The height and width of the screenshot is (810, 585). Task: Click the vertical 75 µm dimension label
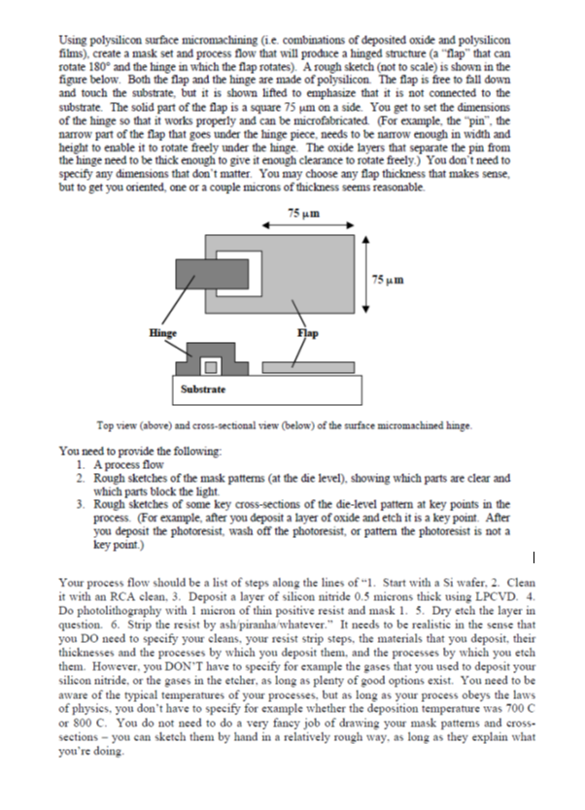point(383,281)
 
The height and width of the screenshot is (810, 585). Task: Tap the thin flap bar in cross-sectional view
point(294,368)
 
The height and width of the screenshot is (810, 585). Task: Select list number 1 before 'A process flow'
point(79,465)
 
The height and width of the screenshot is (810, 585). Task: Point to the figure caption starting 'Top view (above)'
point(292,424)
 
